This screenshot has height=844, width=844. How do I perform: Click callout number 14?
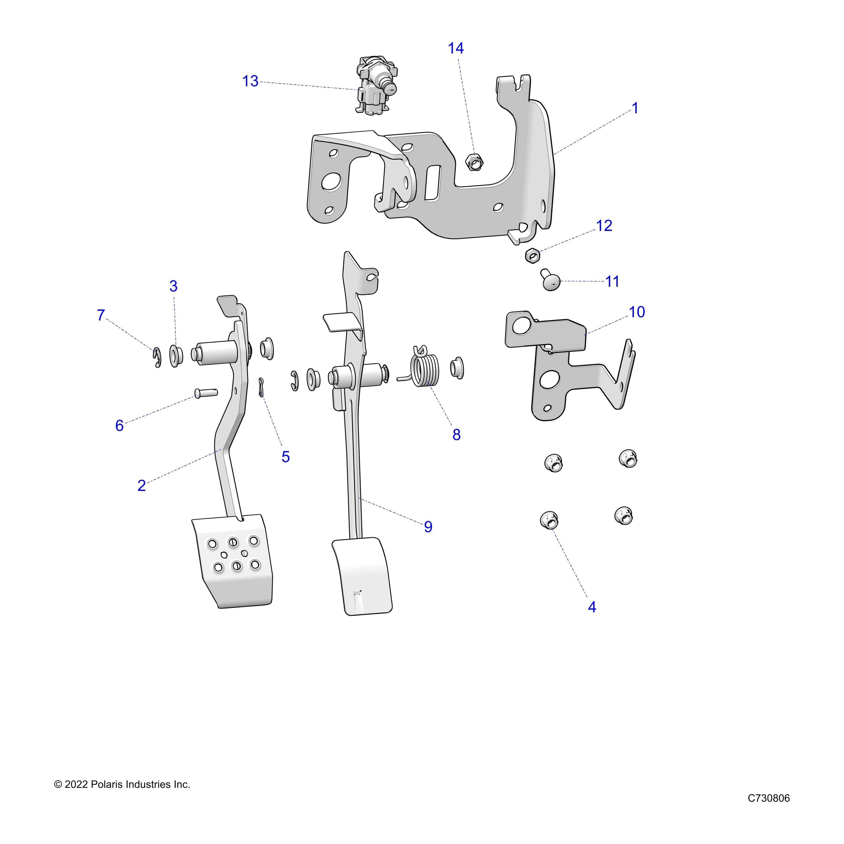click(455, 48)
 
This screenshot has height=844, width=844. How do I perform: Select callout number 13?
click(250, 81)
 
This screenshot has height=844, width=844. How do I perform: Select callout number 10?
click(637, 312)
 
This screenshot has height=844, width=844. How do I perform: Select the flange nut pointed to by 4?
click(549, 520)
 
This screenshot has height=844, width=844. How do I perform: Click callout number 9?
click(428, 527)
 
